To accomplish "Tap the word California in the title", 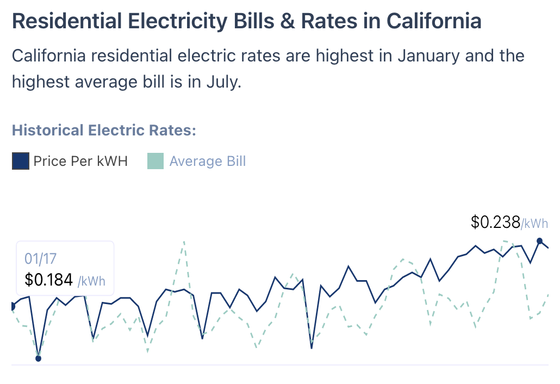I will pos(434,21).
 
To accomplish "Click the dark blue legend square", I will pos(20,162).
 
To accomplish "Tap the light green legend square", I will pos(155,162).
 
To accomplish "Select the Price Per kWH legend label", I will pos(80,162).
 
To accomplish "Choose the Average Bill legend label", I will pos(208,162).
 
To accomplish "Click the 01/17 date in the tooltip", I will pos(37,259).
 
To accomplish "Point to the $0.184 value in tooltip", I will pos(49,280).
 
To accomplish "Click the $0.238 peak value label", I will pos(495,222).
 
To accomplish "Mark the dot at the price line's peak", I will pos(540,241).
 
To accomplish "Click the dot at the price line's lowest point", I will pos(38,358).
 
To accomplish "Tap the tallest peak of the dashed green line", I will pos(184,241).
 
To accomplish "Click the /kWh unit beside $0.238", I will pos(534,223).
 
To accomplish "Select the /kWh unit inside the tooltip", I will pos(91,281).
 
